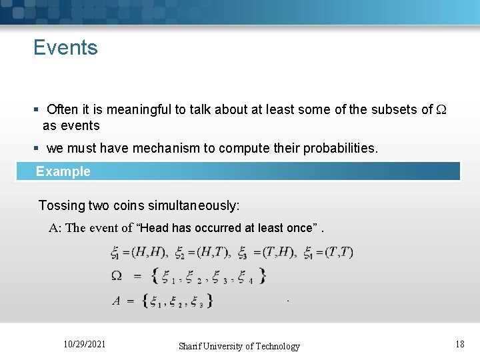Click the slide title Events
[65, 48]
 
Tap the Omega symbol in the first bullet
[443, 110]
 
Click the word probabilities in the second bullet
[339, 148]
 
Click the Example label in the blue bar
[63, 171]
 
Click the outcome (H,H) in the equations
[149, 252]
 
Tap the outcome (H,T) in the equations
[211, 252]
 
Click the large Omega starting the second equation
[117, 275]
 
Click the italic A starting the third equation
[116, 301]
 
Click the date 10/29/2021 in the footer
[84, 345]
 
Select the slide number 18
[459, 345]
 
